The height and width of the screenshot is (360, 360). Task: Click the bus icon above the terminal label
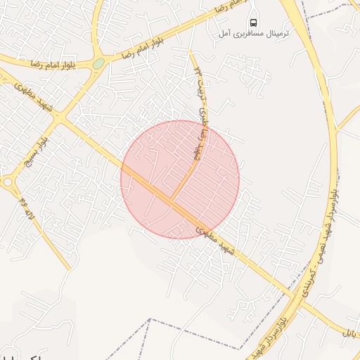tap(254, 21)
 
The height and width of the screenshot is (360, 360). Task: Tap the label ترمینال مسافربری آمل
tap(244, 33)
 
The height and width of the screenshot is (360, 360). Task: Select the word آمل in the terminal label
tap(224, 33)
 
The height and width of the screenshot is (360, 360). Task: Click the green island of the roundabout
tap(98, 63)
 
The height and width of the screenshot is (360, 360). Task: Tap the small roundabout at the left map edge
tap(7, 182)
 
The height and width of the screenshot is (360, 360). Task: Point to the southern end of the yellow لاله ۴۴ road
tap(68, 268)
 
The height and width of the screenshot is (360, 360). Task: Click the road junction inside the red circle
tap(173, 202)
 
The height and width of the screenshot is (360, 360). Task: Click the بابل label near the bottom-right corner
tap(351, 330)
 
